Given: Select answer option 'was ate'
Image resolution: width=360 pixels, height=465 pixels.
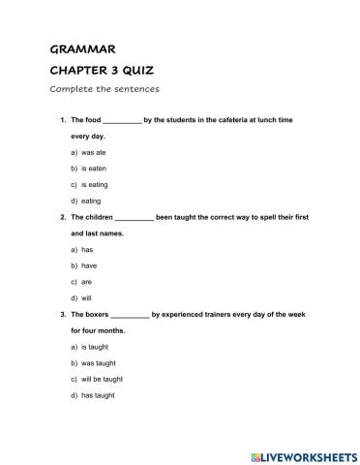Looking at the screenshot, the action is pyautogui.click(x=95, y=153).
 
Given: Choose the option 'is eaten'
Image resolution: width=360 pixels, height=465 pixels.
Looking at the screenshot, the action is pyautogui.click(x=95, y=169).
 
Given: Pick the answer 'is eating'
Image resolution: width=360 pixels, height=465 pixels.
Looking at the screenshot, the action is pyautogui.click(x=96, y=184).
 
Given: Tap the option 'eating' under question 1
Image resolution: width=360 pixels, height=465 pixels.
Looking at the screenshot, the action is pyautogui.click(x=91, y=201).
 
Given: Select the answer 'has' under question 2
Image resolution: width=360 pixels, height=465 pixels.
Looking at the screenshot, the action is pyautogui.click(x=87, y=249).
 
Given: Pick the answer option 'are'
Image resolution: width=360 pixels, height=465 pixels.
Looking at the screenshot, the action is pyautogui.click(x=87, y=281).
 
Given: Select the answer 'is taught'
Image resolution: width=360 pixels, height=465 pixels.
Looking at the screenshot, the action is pyautogui.click(x=96, y=346).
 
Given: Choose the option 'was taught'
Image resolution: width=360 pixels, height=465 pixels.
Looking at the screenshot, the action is pyautogui.click(x=98, y=362).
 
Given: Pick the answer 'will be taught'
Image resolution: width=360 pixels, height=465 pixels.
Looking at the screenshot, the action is pyautogui.click(x=103, y=379).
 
